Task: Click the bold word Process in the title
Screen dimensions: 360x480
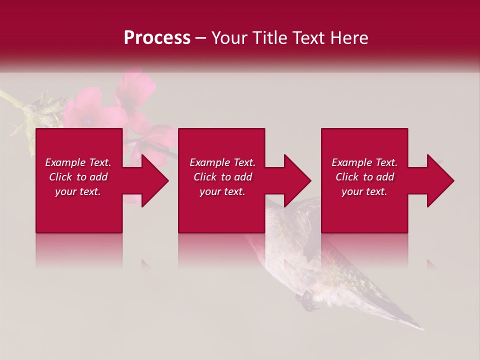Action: click(x=157, y=38)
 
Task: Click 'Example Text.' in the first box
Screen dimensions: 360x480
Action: click(x=78, y=162)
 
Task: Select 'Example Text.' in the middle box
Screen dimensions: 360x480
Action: click(x=222, y=162)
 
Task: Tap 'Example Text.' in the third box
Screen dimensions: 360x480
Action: click(x=364, y=162)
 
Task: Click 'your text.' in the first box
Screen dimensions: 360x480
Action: click(x=78, y=191)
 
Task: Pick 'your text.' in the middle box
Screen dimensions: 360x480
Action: click(x=222, y=191)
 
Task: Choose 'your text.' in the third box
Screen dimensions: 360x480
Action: click(x=364, y=191)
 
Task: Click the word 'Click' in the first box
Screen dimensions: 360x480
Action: click(x=60, y=177)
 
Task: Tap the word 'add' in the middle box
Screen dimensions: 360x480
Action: click(x=243, y=177)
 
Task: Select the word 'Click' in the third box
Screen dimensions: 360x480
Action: click(x=347, y=177)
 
